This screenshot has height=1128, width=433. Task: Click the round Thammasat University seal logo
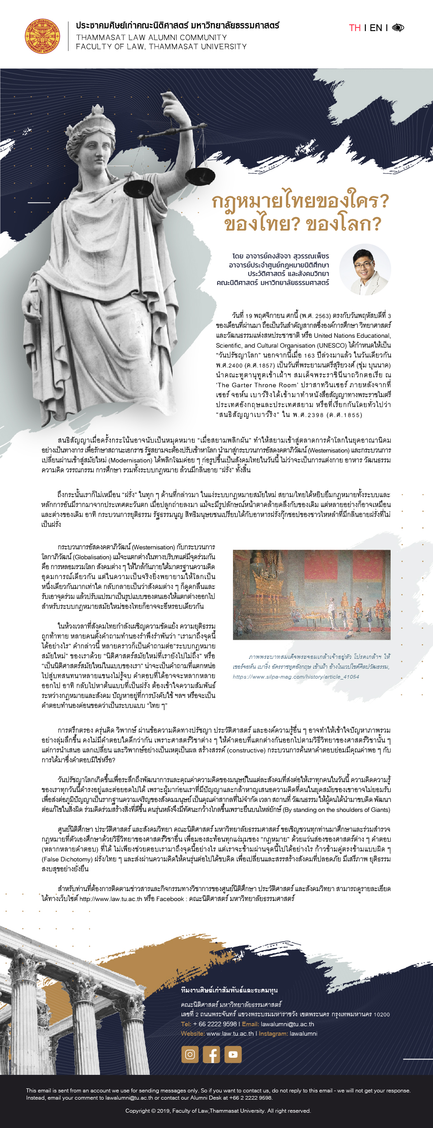[42, 36]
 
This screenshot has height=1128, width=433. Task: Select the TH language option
[355, 28]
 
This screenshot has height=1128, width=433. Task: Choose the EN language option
[376, 28]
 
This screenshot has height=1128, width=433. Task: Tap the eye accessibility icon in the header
[398, 28]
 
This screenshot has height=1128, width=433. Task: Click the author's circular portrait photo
[365, 270]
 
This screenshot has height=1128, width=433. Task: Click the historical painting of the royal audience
[311, 594]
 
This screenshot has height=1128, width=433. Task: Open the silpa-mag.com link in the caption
[296, 677]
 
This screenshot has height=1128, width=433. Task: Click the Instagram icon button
[190, 1054]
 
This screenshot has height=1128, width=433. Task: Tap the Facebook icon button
[211, 1054]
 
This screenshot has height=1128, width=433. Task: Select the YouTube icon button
[233, 1054]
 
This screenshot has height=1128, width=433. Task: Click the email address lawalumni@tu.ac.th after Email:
[287, 1024]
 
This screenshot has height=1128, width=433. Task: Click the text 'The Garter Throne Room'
[257, 385]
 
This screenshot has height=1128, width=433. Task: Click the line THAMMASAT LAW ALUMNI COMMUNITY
[151, 38]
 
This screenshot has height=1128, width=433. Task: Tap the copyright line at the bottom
[218, 1111]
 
